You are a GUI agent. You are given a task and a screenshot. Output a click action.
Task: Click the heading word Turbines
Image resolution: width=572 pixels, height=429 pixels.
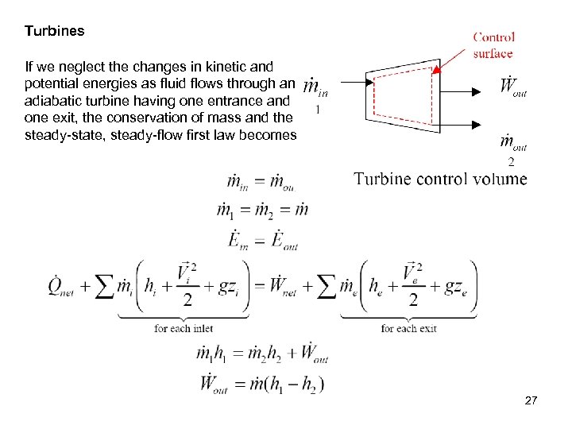[54, 32]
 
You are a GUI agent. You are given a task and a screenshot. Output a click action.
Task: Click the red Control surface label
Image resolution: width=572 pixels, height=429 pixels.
[493, 44]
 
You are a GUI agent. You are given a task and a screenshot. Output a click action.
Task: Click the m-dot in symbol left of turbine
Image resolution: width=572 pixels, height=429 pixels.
[317, 86]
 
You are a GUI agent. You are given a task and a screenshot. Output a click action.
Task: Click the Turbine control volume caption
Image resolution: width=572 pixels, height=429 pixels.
[440, 179]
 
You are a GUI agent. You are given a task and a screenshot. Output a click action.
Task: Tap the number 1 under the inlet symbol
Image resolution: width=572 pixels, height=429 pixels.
[318, 110]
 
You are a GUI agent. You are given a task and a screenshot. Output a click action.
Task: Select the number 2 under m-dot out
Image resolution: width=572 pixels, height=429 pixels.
[511, 161]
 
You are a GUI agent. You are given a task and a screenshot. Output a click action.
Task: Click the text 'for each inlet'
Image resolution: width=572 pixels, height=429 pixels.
[184, 328]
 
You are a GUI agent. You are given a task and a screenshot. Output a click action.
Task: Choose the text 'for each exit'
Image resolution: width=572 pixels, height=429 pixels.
[409, 328]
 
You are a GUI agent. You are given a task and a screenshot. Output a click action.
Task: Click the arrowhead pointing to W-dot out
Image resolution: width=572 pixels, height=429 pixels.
[476, 91]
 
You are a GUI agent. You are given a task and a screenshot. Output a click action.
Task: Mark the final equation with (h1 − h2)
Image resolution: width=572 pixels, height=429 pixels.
[263, 385]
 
